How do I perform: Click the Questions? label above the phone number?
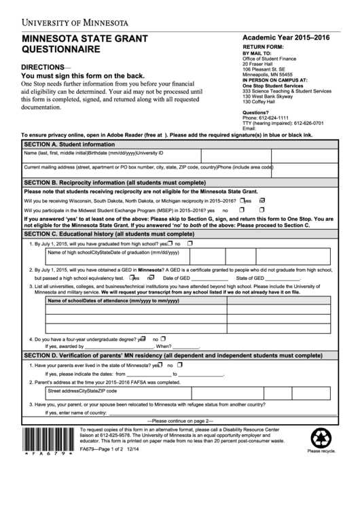(256, 112)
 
